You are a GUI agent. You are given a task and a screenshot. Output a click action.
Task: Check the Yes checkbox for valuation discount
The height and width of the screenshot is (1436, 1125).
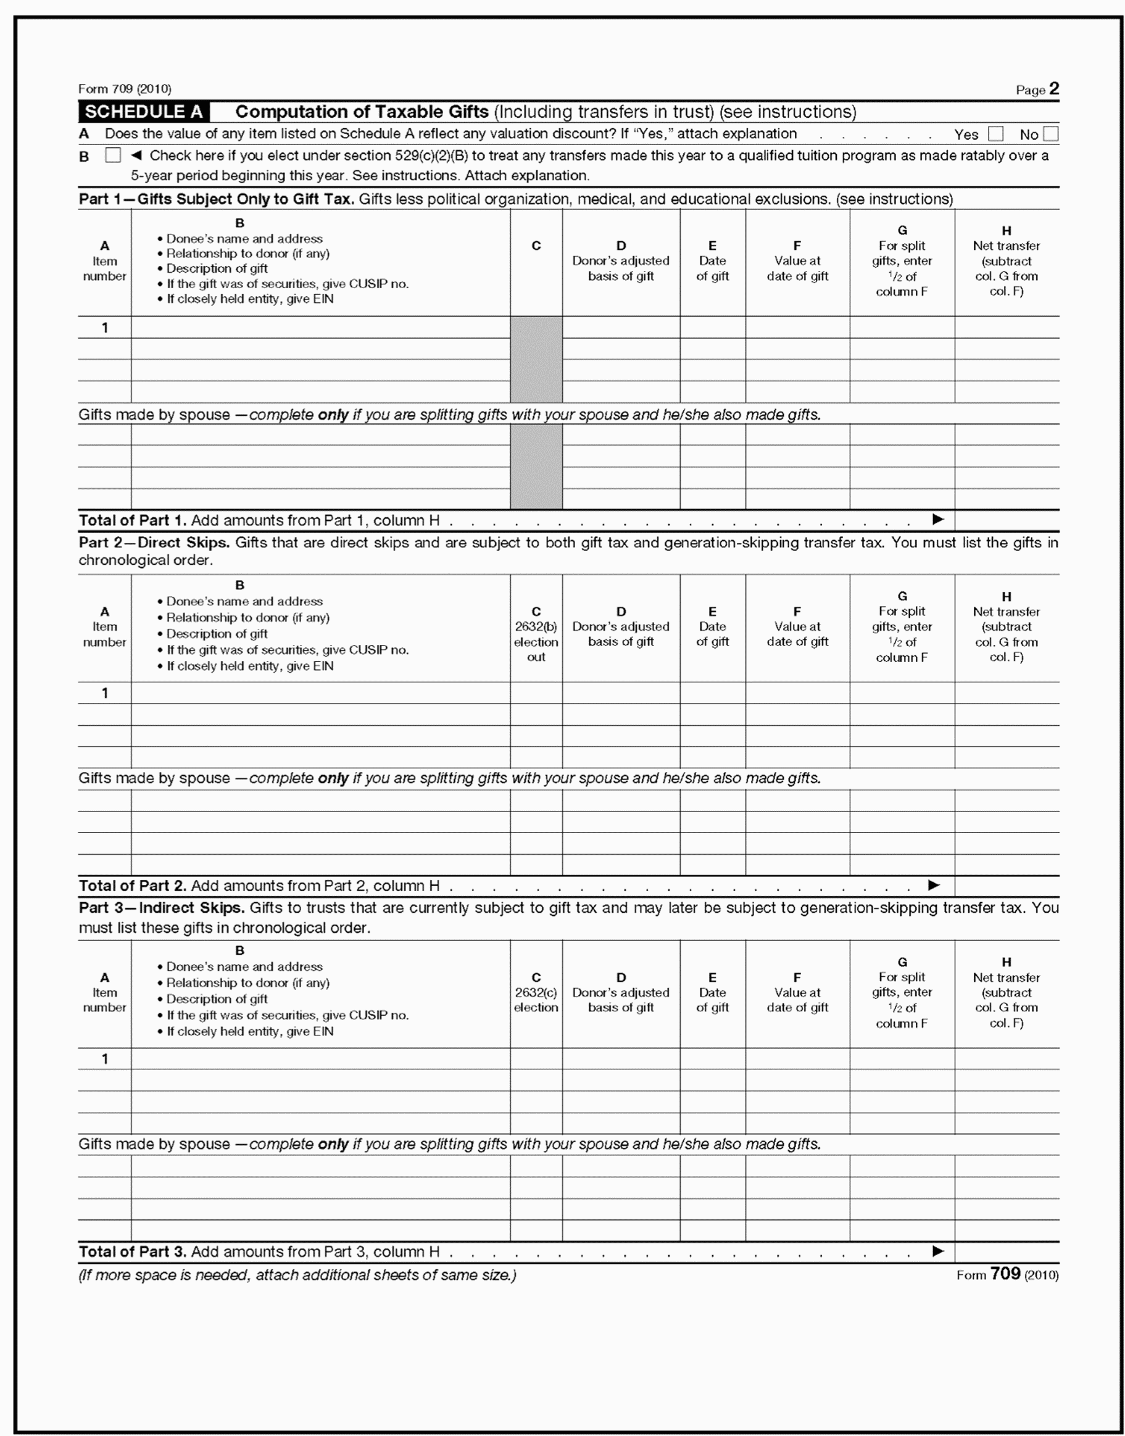click(x=995, y=135)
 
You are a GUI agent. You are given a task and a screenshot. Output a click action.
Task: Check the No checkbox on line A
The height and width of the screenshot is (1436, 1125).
click(x=1050, y=135)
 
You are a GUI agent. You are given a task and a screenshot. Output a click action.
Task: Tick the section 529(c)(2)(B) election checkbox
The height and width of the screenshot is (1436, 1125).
click(x=114, y=156)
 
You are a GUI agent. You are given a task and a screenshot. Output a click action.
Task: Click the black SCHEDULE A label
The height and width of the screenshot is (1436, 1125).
click(x=144, y=112)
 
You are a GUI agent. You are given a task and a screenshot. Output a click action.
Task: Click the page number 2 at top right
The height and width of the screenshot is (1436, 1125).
click(x=1054, y=89)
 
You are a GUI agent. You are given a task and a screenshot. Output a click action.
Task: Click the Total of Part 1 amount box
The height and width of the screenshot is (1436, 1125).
click(x=1007, y=520)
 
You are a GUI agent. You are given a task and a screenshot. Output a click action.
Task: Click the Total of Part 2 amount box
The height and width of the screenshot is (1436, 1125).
click(x=1007, y=886)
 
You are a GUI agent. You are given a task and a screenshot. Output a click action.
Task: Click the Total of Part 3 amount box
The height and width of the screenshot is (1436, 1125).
click(x=1007, y=1251)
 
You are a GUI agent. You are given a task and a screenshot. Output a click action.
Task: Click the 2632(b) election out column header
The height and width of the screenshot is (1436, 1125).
click(x=536, y=634)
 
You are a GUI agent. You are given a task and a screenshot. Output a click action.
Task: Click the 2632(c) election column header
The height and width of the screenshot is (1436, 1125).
click(x=536, y=993)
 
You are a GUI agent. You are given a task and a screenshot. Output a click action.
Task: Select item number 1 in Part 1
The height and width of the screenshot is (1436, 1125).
click(x=105, y=328)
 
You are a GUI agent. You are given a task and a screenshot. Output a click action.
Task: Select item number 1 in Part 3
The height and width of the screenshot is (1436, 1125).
click(x=105, y=1058)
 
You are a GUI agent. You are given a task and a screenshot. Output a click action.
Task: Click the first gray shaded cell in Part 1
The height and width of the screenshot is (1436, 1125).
click(x=536, y=359)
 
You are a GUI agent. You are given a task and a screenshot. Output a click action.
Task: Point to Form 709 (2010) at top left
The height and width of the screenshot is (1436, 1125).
click(x=125, y=89)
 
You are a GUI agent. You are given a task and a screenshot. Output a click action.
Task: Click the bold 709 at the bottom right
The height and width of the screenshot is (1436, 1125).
click(x=1005, y=1274)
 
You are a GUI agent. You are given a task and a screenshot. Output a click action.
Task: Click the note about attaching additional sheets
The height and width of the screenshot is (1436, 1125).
click(x=297, y=1276)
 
